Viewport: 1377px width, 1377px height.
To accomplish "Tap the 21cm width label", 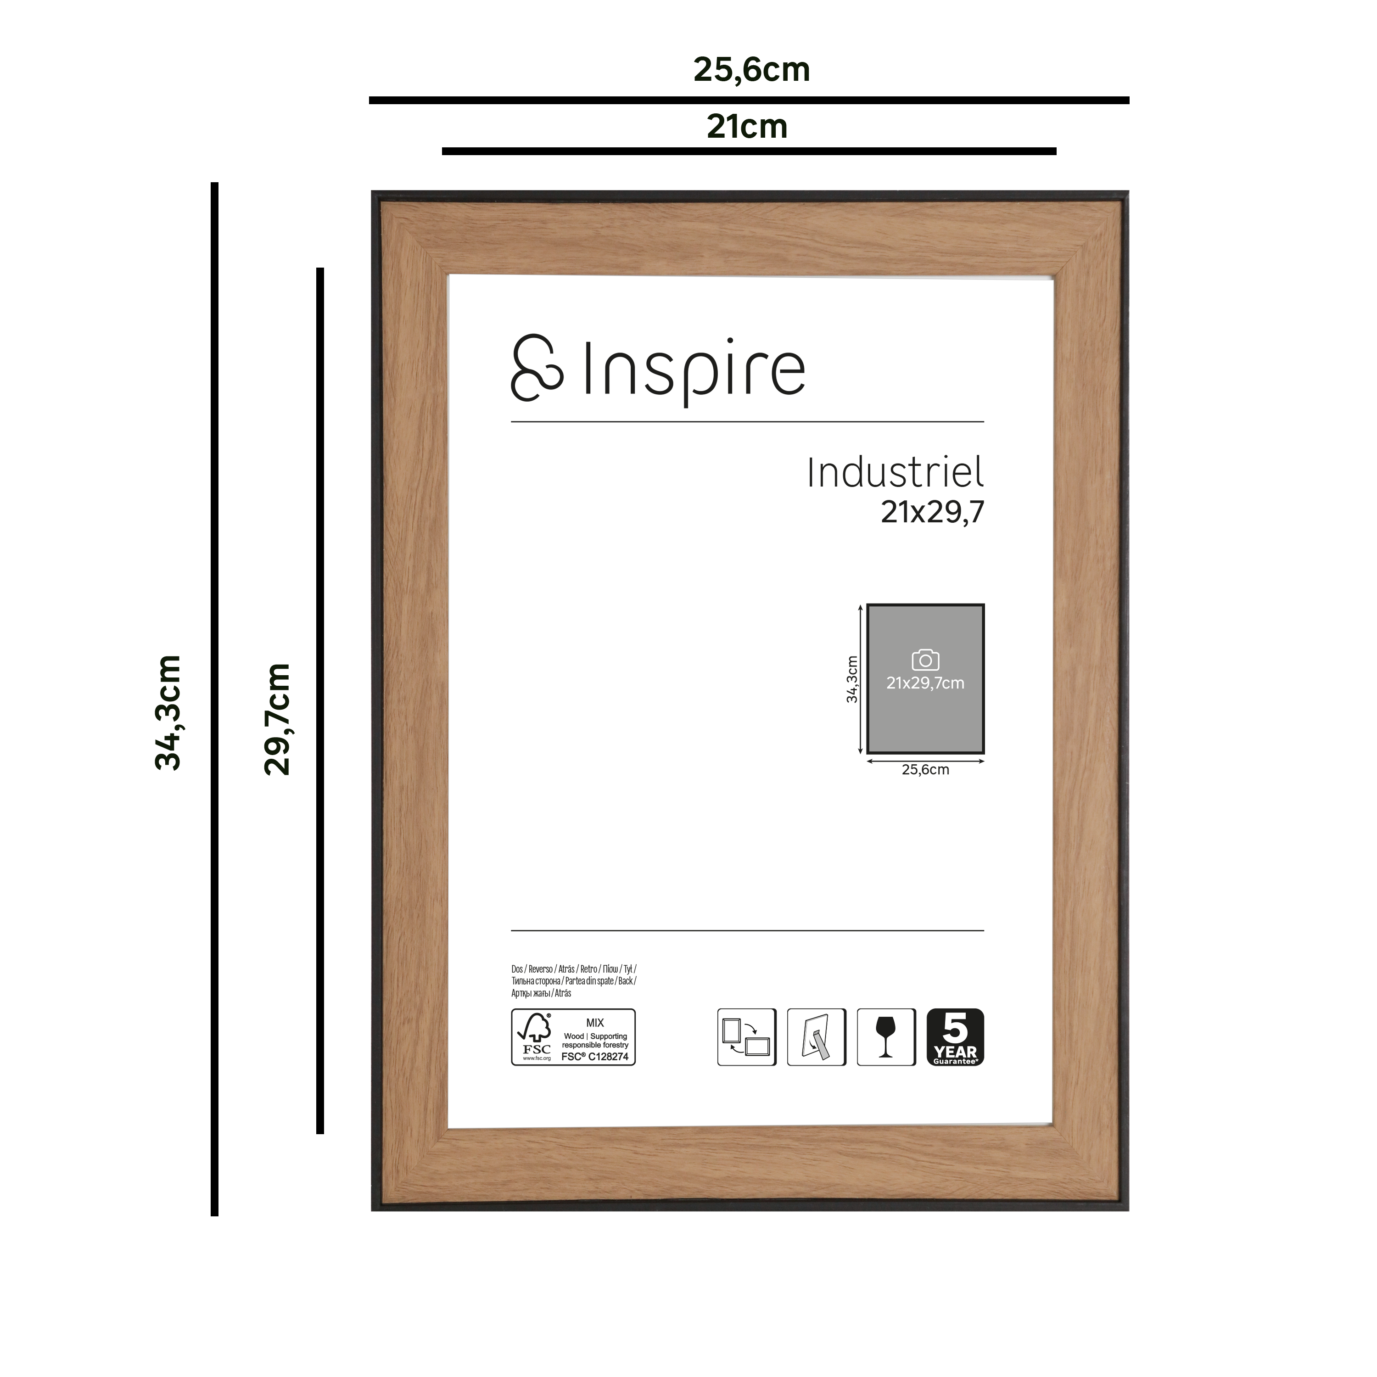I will click(747, 127).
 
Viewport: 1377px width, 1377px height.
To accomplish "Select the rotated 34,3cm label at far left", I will click(169, 713).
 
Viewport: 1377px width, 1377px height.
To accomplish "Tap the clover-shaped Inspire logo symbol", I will click(537, 368).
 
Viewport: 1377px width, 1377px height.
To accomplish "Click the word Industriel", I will click(895, 473).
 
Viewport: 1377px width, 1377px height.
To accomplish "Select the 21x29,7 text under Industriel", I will click(932, 512).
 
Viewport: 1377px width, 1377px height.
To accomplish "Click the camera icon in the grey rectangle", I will click(925, 660).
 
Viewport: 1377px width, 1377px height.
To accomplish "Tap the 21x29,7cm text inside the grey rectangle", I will click(925, 683).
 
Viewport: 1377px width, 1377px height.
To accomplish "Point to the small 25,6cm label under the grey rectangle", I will click(925, 770).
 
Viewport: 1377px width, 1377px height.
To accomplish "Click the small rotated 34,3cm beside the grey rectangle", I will click(852, 679).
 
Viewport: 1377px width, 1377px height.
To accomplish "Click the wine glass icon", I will click(886, 1037).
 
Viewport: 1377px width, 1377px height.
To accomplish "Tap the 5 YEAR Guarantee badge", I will click(955, 1037).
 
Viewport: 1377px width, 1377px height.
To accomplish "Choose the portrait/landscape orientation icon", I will click(746, 1037).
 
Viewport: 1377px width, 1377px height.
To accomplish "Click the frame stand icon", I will click(816, 1037).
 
